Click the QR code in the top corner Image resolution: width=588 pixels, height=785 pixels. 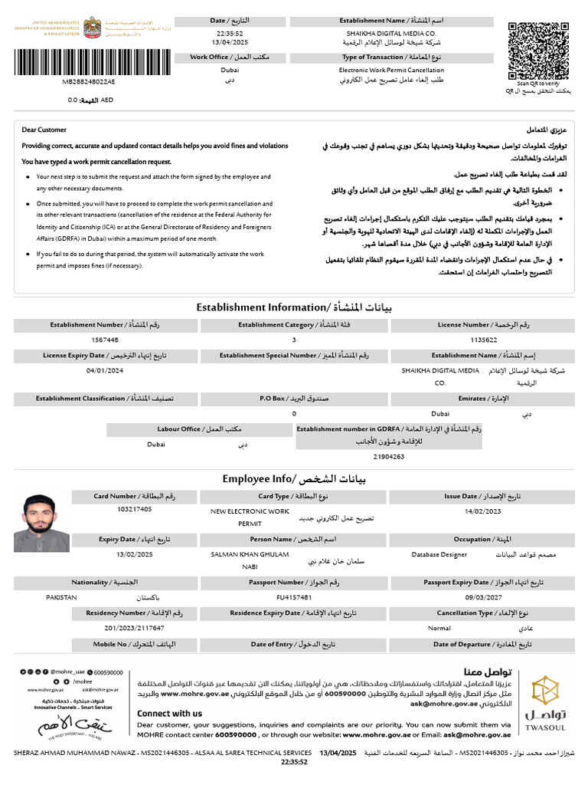[537, 50]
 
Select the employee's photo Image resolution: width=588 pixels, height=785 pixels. [41, 523]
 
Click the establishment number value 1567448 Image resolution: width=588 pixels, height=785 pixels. [105, 340]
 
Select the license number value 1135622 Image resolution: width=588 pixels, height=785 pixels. [483, 340]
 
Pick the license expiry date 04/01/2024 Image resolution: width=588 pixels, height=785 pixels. [105, 370]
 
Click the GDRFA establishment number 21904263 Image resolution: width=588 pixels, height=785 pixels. [388, 456]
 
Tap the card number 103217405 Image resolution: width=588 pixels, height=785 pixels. [135, 509]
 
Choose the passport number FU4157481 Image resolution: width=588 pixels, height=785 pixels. [293, 596]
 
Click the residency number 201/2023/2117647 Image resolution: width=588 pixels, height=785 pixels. [135, 628]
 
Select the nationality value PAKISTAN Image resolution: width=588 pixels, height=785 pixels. [63, 596]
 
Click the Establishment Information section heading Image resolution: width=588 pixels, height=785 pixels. [294, 307]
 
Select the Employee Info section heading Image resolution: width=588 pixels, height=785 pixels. [294, 478]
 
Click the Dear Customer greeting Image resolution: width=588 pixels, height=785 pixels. [44, 130]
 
